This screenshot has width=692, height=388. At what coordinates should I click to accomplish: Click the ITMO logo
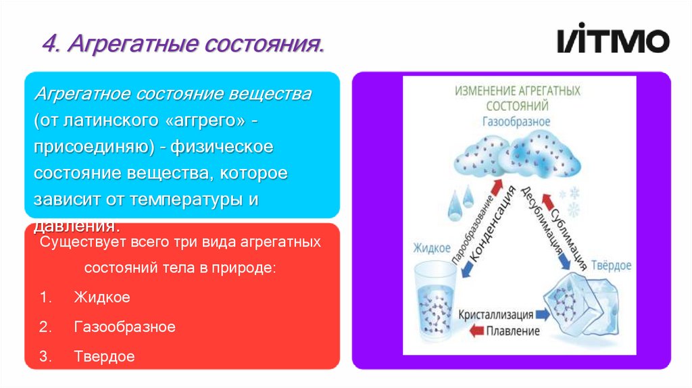coord(613,41)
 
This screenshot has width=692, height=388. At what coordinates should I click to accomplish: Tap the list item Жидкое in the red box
coord(102,297)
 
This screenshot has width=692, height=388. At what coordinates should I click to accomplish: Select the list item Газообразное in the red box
coord(125,327)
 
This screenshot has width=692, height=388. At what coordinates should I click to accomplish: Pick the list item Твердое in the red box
coord(105,356)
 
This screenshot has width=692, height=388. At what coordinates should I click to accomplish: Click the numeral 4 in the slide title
coord(49,45)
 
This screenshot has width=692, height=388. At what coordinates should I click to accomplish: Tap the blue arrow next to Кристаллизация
coord(544,315)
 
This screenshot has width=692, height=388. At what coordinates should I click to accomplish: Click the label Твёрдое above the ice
coord(611,265)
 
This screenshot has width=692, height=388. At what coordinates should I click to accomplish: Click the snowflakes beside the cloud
coord(573,200)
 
